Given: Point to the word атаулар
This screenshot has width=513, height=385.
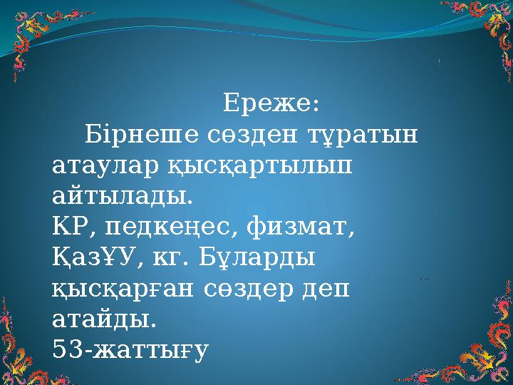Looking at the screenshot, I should click(98, 165).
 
